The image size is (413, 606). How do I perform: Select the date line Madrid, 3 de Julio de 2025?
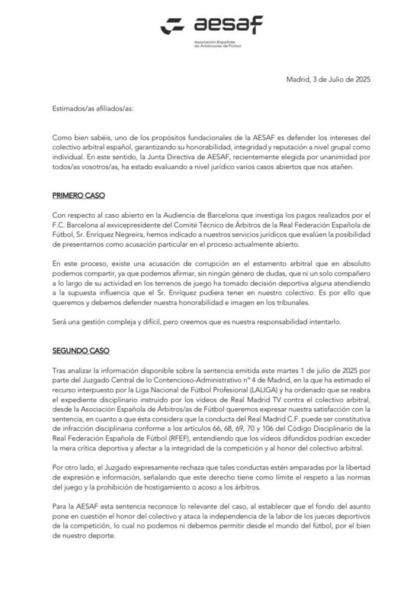pos(328,79)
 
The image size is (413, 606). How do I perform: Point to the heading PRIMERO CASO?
pos(78,196)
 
